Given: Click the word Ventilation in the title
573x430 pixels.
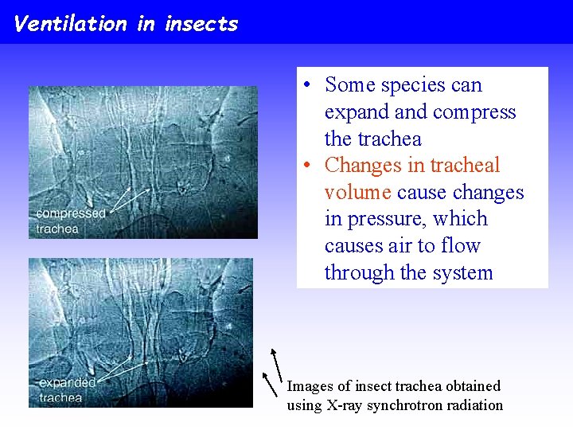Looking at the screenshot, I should click(x=70, y=23).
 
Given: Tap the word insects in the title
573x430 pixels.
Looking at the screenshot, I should click(x=201, y=23).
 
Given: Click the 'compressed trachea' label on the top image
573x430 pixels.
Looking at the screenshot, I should click(x=70, y=221).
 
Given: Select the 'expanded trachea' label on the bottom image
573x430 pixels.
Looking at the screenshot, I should click(x=67, y=390).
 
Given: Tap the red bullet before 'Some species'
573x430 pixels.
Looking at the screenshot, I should click(x=306, y=85).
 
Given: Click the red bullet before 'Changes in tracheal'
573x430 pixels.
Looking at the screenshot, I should click(x=306, y=166).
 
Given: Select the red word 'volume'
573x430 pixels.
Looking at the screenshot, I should click(x=357, y=192).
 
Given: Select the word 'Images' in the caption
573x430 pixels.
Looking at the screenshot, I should click(x=310, y=386).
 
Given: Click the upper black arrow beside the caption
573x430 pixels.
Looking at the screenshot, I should click(x=276, y=362).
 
